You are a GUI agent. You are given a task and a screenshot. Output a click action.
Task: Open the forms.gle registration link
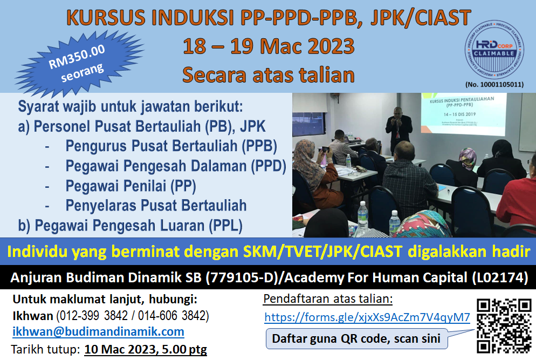[x=367, y=317]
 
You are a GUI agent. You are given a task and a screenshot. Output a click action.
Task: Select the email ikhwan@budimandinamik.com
[x=98, y=331]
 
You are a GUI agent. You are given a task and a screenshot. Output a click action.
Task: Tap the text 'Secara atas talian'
[x=268, y=74]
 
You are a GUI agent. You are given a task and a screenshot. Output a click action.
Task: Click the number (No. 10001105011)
[x=493, y=84]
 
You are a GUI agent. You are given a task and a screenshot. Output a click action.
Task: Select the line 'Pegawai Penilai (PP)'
[x=130, y=186]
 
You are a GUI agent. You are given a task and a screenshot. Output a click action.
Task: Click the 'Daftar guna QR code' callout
[x=356, y=339]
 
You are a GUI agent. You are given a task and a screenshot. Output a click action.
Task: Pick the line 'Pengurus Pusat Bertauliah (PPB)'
[x=171, y=146]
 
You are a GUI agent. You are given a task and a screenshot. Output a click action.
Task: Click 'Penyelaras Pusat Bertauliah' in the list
[x=156, y=205]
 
